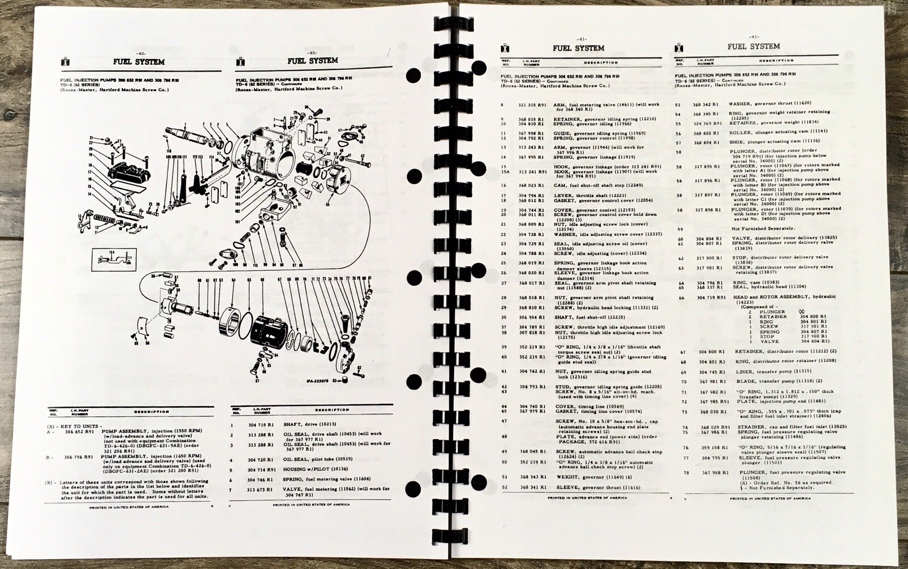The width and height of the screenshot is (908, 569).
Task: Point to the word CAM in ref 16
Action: tap(558, 185)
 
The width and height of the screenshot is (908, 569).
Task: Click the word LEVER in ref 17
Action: tap(561, 195)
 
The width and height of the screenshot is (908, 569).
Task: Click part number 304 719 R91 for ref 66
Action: tap(711, 297)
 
